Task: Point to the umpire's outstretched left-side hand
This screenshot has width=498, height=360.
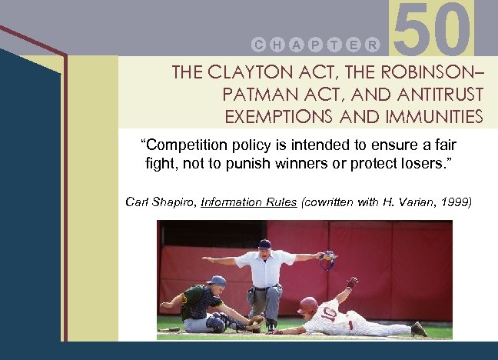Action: [207, 261]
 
